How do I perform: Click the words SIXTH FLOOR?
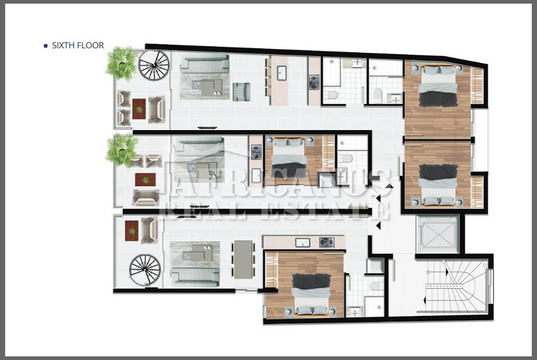coord(78,46)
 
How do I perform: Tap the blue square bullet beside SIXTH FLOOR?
coord(46,46)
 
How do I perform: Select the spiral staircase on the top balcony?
coord(154,66)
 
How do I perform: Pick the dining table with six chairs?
coord(243,259)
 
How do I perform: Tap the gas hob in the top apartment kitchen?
coord(314,82)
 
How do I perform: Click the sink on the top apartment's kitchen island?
coord(281,73)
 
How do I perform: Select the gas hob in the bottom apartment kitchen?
coord(327,242)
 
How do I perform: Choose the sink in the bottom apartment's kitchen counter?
coord(303,243)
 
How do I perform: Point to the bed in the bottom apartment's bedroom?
coord(311,294)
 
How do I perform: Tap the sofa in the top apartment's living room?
coord(205,63)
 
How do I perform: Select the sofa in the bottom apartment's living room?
coord(195,277)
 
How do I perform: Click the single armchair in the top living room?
coord(241,92)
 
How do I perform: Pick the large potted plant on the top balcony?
coord(122,63)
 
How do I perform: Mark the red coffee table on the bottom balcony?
coord(132,231)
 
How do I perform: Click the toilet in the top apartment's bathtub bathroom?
coord(331,95)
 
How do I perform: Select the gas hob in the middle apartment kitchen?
coord(256,152)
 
